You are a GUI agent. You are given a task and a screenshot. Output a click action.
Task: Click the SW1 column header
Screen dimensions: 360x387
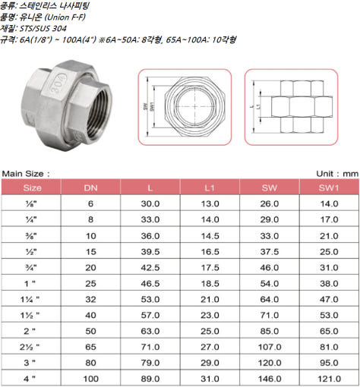(329, 187)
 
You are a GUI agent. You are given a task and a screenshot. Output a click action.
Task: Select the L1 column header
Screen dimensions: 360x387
(210, 187)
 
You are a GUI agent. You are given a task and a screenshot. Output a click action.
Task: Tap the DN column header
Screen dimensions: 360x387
(90, 187)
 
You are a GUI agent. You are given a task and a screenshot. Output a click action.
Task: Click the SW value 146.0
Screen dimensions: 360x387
(270, 379)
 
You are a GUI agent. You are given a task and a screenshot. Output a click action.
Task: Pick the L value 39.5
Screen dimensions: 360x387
(150, 252)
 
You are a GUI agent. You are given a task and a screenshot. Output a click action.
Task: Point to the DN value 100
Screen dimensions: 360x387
(90, 379)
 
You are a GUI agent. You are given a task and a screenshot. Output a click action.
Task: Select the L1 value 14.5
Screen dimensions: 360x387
(210, 236)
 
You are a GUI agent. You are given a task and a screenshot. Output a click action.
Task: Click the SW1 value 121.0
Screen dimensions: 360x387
(329, 379)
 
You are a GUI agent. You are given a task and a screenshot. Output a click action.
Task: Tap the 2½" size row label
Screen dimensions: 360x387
(30, 347)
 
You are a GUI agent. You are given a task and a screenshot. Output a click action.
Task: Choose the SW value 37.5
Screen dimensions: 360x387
(270, 252)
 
